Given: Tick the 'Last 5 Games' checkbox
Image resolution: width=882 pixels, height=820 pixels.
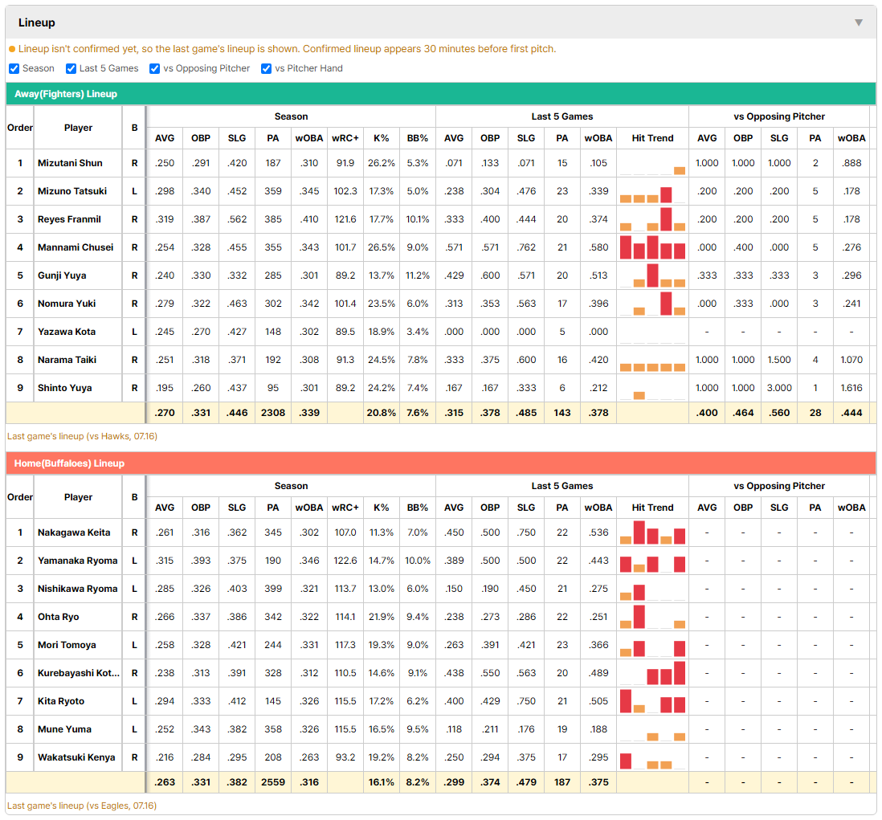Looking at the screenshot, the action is tap(71, 68).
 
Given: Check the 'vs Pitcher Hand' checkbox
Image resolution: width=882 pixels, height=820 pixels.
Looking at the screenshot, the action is tap(266, 68).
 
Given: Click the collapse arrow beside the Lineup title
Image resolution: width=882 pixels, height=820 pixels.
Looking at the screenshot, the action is tap(859, 22).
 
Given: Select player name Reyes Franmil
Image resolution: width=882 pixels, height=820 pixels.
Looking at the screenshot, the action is tap(69, 219).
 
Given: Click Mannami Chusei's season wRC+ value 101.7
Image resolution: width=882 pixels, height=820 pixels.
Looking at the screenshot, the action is tap(345, 247).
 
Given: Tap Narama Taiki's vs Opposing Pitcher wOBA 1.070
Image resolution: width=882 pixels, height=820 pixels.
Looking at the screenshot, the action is tap(851, 360).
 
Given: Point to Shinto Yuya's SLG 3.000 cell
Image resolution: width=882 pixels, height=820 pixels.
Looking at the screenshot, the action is tap(779, 388).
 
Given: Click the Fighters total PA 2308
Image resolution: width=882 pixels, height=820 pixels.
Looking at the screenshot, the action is tap(273, 413).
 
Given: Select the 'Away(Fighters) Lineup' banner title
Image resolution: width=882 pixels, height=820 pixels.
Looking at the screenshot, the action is tap(66, 94).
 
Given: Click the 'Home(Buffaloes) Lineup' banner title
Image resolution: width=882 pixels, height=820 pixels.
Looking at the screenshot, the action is tap(69, 463).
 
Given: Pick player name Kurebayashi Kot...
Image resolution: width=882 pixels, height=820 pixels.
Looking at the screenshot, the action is tap(79, 673).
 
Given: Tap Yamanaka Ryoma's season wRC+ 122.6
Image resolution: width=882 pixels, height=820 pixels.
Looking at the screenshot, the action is tap(345, 561).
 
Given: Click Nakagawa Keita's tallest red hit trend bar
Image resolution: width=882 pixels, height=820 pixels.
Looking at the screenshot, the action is tap(639, 532).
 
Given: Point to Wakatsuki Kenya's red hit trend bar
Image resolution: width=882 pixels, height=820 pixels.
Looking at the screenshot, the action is tap(626, 761).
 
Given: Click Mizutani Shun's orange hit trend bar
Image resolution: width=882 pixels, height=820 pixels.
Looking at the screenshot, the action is tap(680, 171).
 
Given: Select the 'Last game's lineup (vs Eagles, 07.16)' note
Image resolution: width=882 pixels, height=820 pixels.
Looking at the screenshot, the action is tap(82, 806).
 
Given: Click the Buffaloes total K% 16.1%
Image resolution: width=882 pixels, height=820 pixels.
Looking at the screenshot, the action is tap(382, 782).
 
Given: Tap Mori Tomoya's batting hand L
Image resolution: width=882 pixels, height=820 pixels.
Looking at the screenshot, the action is tap(134, 645).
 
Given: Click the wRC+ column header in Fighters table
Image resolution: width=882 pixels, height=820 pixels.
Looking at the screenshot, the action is tap(345, 138).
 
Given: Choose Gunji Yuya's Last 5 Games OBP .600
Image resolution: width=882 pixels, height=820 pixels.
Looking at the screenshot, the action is tap(490, 275).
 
